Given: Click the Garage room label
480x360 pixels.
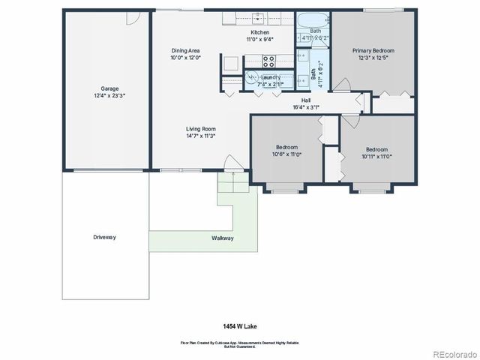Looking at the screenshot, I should (x=105, y=88).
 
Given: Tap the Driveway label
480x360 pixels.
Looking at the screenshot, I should (x=105, y=237).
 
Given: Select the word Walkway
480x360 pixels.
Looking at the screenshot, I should (x=222, y=238).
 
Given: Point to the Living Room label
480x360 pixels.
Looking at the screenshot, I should (x=201, y=128).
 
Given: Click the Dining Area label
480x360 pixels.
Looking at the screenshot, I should (x=184, y=50).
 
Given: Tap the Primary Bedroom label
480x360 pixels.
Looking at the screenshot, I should (x=373, y=50).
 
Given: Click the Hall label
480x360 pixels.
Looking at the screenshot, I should (x=306, y=100).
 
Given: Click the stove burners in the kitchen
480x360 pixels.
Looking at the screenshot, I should (x=268, y=61).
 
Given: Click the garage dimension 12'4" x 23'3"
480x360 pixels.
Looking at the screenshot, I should (x=105, y=96).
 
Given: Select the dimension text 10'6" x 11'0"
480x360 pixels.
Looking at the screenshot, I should (x=287, y=154).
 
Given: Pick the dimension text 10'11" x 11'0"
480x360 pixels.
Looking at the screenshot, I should (x=377, y=156).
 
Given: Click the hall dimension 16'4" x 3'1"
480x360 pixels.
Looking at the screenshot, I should (x=306, y=107).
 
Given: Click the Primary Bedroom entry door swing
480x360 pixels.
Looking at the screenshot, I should (x=360, y=103).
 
